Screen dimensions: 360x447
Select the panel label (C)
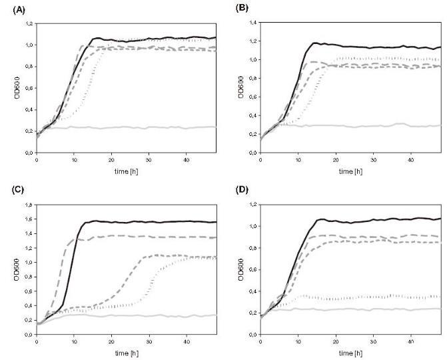13,189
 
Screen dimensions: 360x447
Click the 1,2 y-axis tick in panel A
29,24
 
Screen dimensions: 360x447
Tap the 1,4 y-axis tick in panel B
252,24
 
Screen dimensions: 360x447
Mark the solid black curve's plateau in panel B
373,47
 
